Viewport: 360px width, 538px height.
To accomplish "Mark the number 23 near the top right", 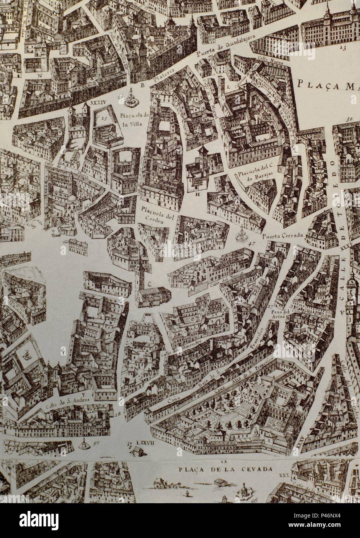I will tap(342, 48).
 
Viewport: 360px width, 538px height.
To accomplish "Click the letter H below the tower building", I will tap(197, 195).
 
